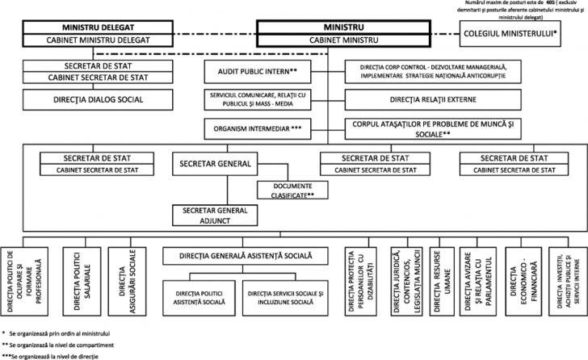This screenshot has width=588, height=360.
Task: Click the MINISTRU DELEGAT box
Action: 99,27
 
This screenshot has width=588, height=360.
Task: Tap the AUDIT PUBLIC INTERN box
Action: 255,71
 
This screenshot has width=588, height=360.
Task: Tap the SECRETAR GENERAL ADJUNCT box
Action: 215,215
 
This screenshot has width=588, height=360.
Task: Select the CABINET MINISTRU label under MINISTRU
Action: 325,40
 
